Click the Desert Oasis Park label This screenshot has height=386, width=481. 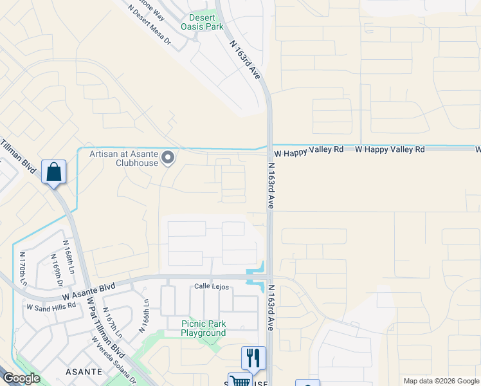(x=206, y=23)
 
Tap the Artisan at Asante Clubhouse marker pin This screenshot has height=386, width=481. (x=168, y=157)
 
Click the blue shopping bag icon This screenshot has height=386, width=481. (x=54, y=172)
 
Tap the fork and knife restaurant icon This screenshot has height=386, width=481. (x=253, y=358)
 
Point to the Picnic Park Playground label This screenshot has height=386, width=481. (x=203, y=329)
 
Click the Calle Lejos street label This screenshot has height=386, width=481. (x=212, y=287)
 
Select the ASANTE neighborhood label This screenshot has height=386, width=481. (x=84, y=372)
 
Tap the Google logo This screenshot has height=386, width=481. (x=21, y=378)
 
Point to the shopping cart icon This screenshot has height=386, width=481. (x=239, y=380)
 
